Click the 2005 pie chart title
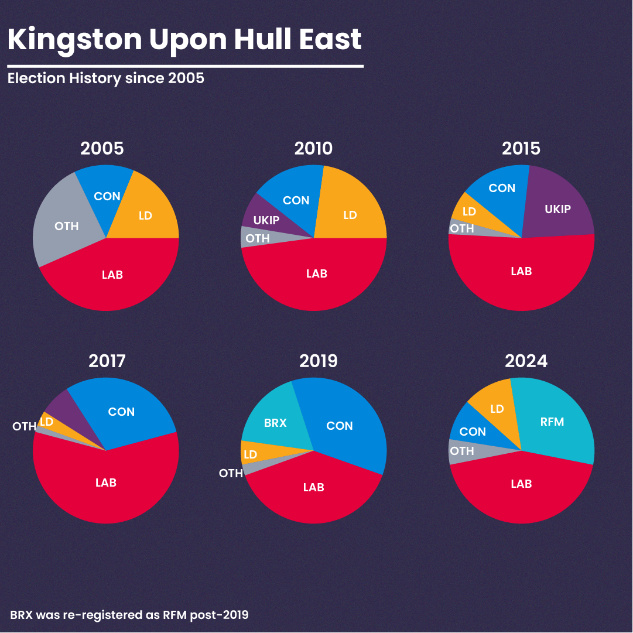click(x=102, y=149)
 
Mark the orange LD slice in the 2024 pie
click(x=493, y=407)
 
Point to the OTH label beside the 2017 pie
click(x=25, y=427)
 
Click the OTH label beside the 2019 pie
click(x=231, y=473)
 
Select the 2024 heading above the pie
click(x=526, y=361)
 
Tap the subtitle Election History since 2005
click(x=106, y=78)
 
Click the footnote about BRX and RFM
click(x=129, y=615)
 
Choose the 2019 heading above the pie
click(x=319, y=361)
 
